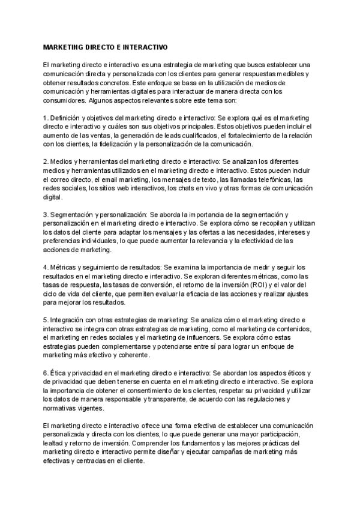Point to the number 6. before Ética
pyautogui.click(x=46, y=373)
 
